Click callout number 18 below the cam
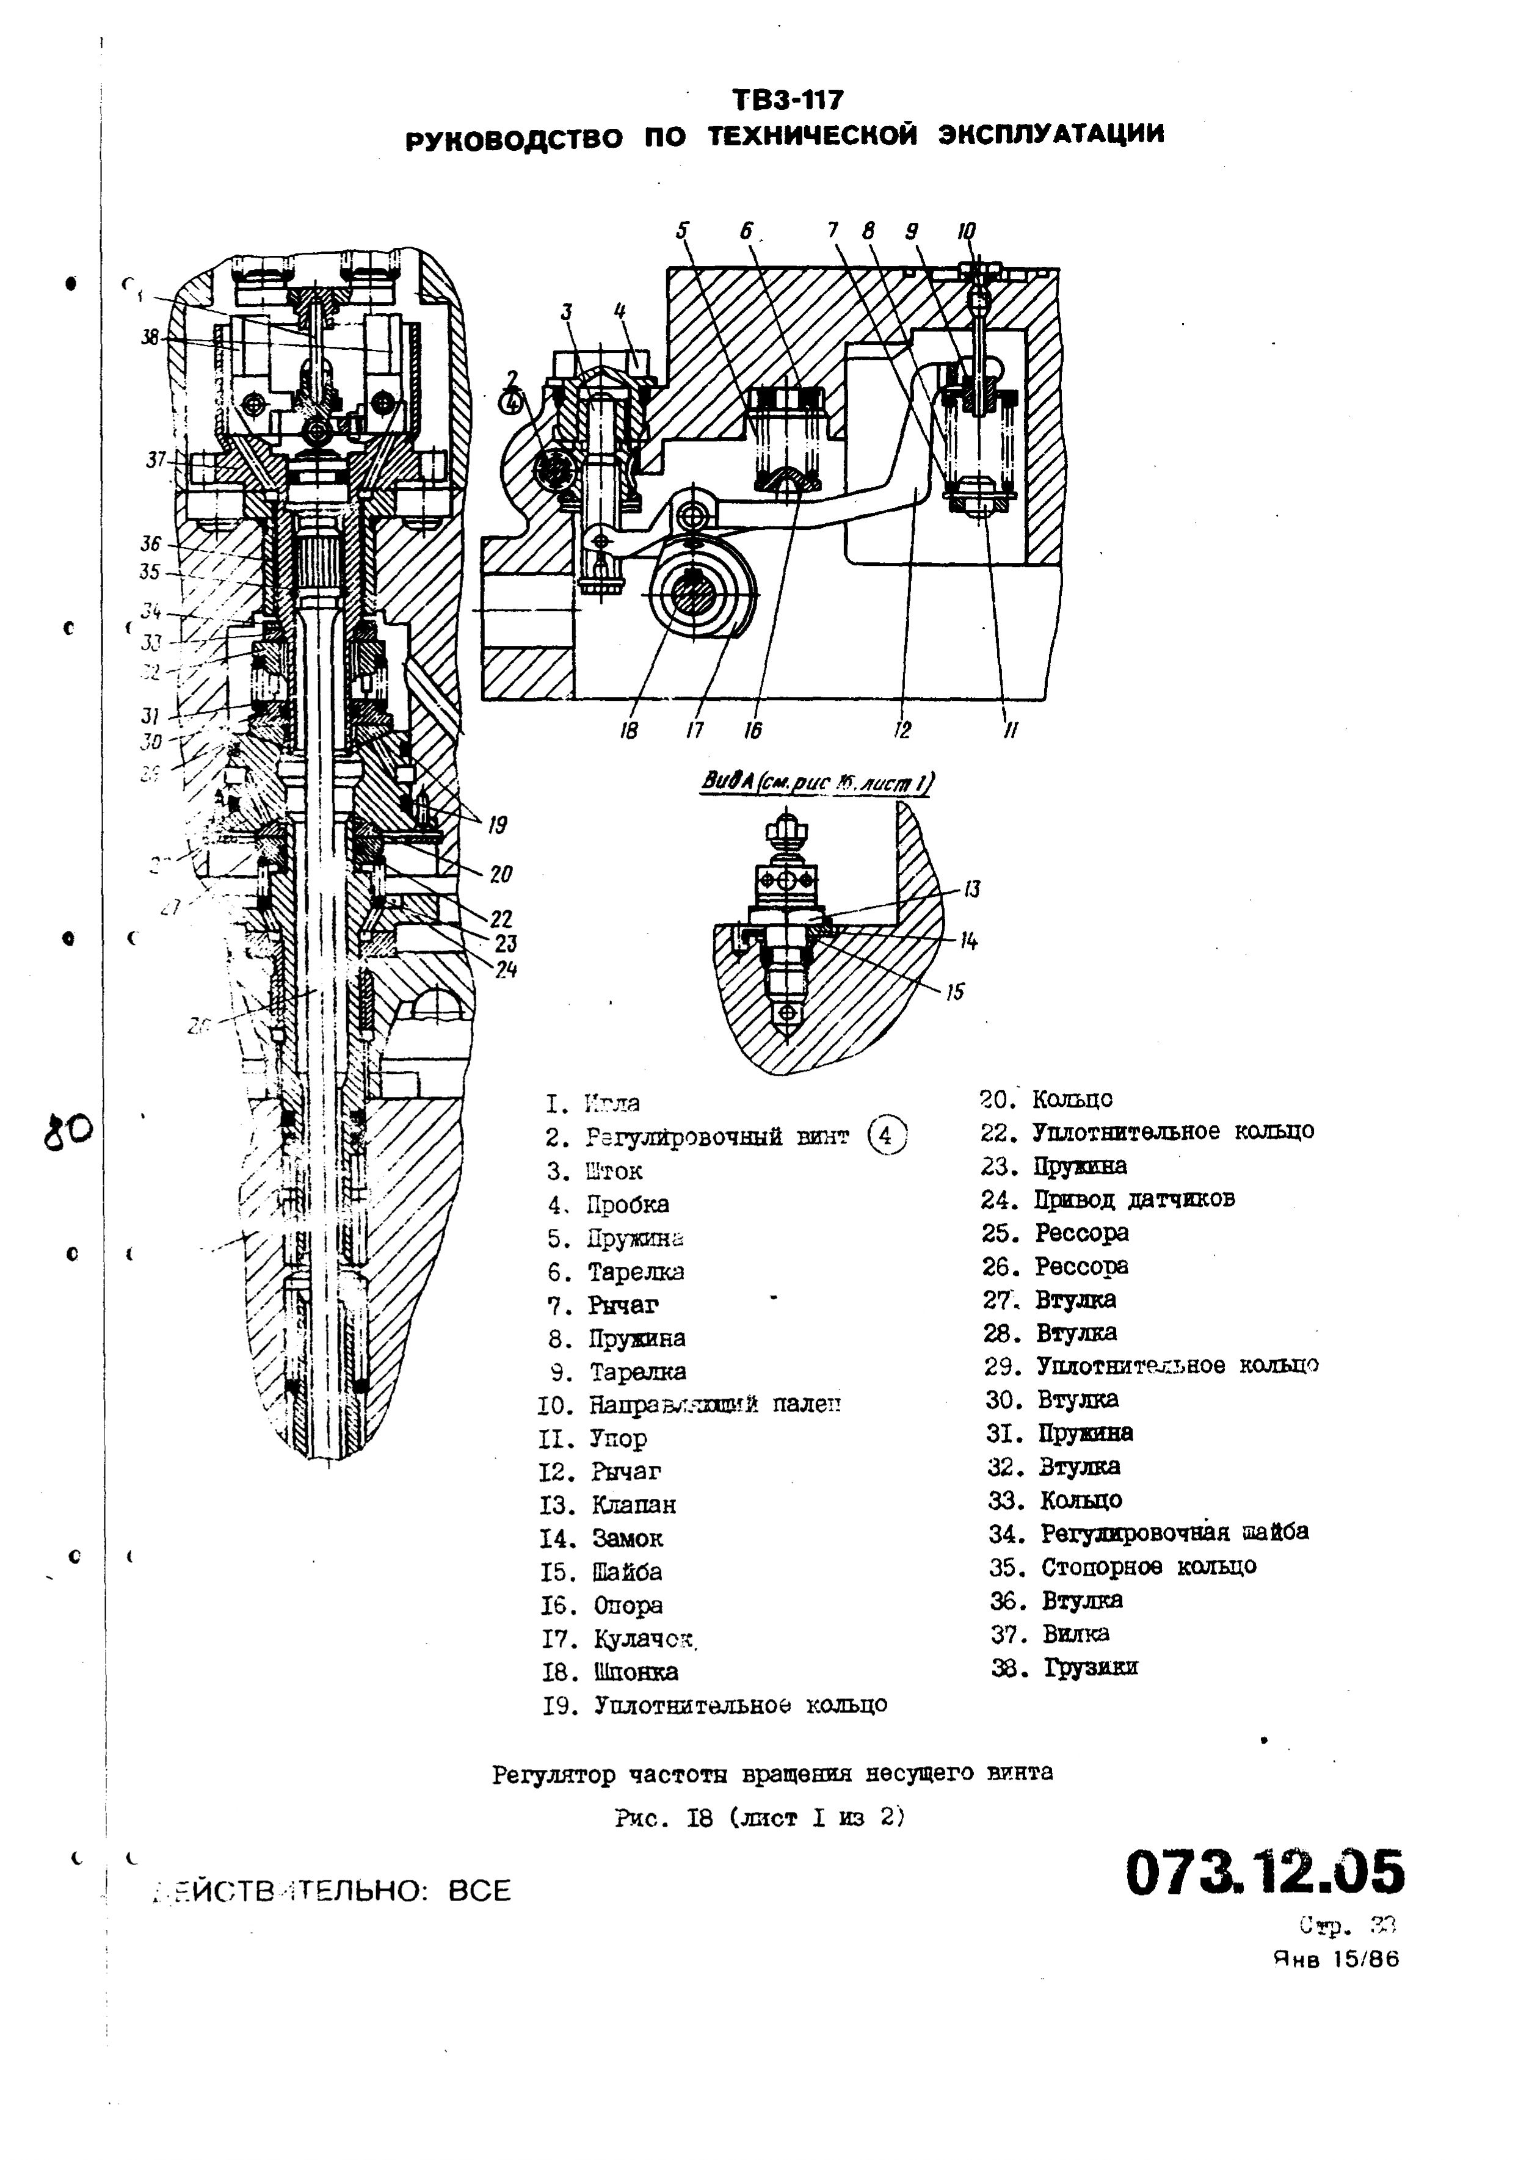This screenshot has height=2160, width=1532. [x=629, y=730]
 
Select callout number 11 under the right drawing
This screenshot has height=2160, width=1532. [x=1009, y=730]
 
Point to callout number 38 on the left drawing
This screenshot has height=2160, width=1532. [x=150, y=337]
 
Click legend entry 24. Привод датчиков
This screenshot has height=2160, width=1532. [x=1108, y=1200]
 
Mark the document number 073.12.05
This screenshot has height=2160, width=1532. [x=1264, y=1873]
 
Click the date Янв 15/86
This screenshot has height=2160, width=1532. [x=1336, y=1959]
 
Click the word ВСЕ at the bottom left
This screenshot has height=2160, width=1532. [x=479, y=1890]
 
